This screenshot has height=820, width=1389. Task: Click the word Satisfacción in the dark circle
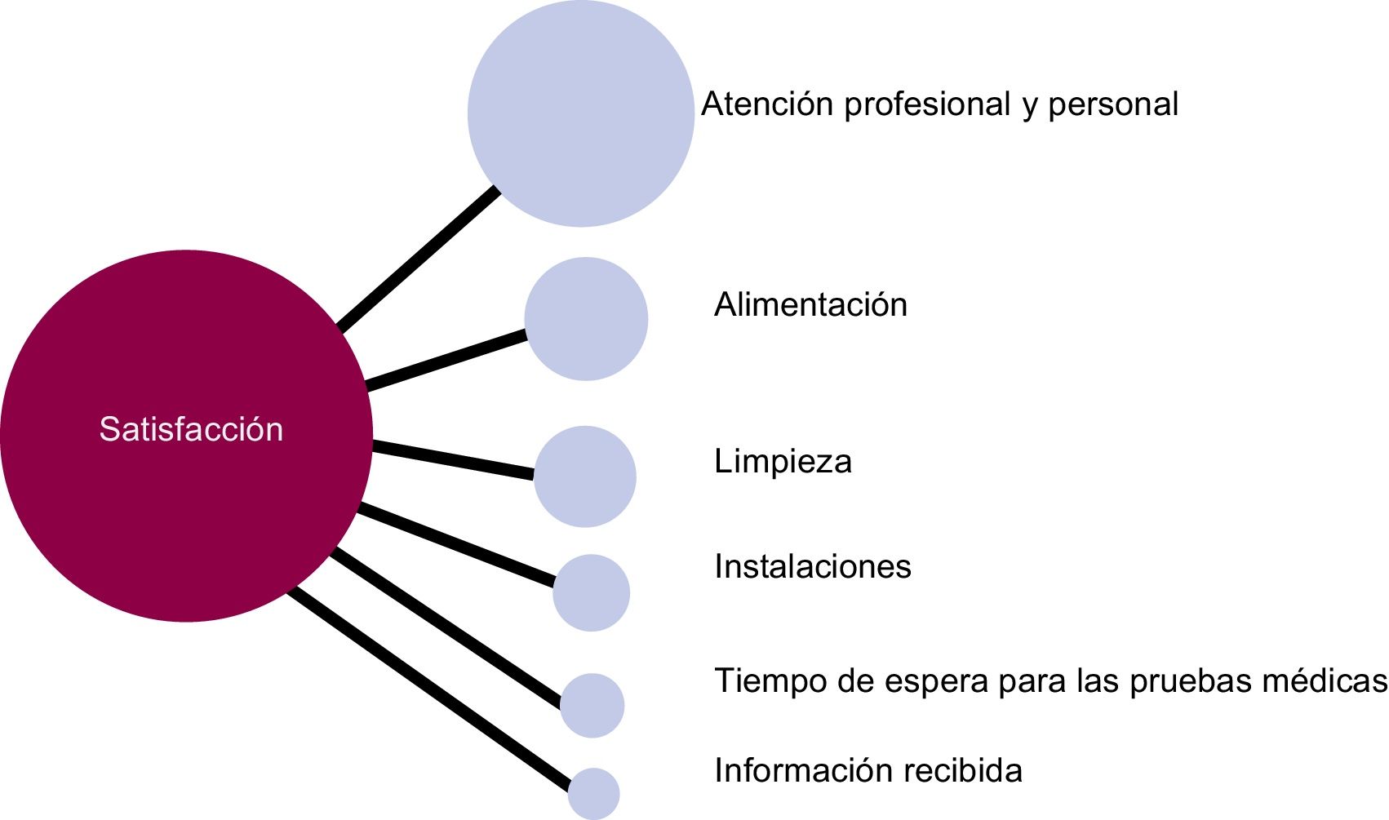pyautogui.click(x=191, y=429)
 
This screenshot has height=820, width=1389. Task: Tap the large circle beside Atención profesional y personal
pyautogui.click(x=580, y=113)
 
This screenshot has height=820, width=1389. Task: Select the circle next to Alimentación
pyautogui.click(x=586, y=319)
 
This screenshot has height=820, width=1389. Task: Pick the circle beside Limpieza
pyautogui.click(x=584, y=476)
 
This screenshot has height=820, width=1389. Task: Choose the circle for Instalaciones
pyautogui.click(x=591, y=593)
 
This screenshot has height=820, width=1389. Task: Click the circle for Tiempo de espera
pyautogui.click(x=592, y=706)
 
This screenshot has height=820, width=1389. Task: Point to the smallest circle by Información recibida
pyautogui.click(x=593, y=794)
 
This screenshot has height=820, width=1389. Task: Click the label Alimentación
pyautogui.click(x=810, y=305)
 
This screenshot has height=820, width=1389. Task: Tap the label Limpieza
pyautogui.click(x=783, y=462)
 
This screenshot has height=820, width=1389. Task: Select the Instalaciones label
pyautogui.click(x=812, y=566)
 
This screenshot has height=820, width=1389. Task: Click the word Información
pyautogui.click(x=789, y=770)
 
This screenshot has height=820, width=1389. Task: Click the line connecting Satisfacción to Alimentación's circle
pyautogui.click(x=446, y=359)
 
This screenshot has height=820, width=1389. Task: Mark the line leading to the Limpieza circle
pyautogui.click(x=453, y=460)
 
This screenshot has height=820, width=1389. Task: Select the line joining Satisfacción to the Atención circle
pyautogui.click(x=418, y=259)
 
